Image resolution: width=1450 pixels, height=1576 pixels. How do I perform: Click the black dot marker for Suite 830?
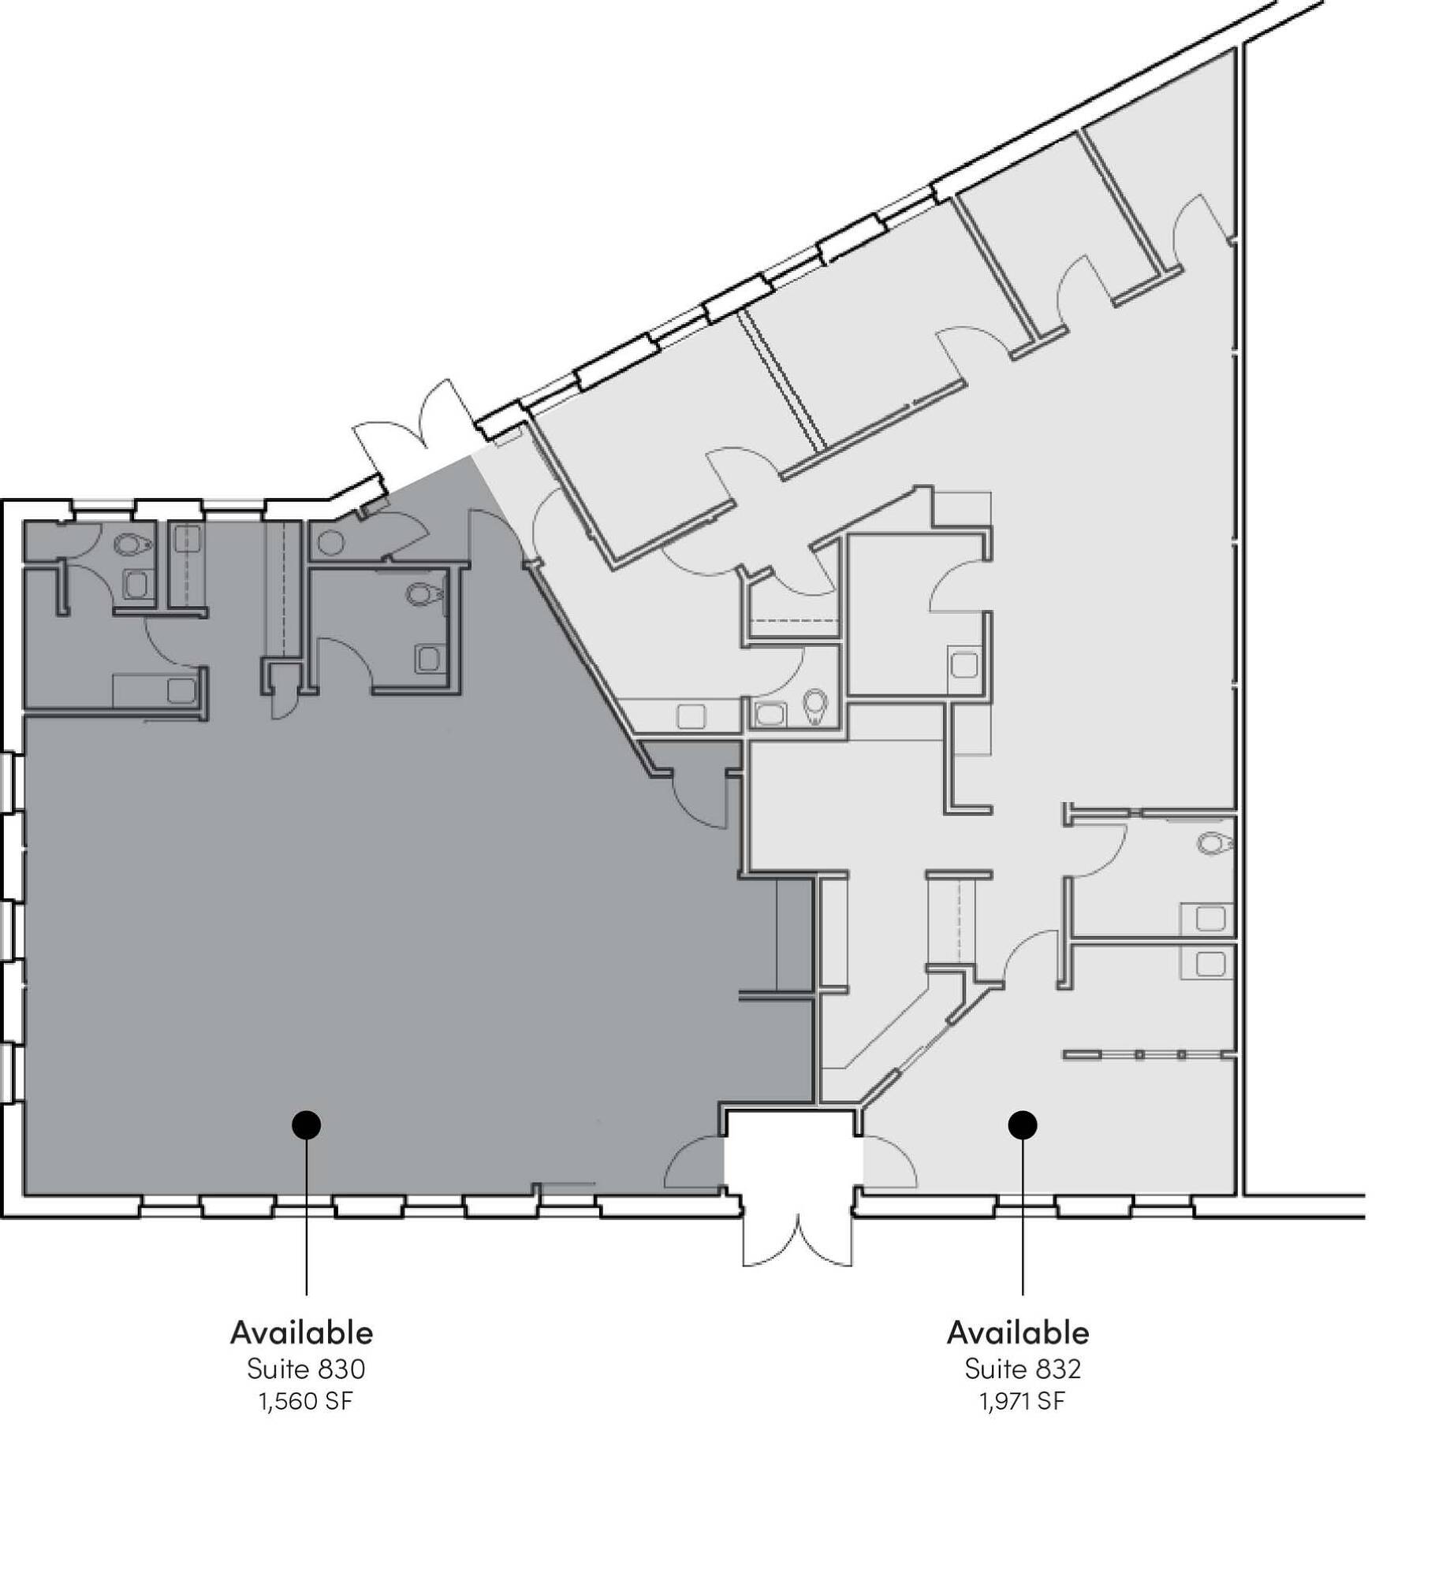pos(306,1125)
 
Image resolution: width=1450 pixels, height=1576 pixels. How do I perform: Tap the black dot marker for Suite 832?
pos(1023,1125)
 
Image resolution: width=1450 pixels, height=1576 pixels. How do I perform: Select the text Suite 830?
pos(306,1370)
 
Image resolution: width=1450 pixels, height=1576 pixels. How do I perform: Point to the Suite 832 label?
pos(1023,1370)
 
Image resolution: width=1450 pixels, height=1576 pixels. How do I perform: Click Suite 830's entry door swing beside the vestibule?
pos(694,1162)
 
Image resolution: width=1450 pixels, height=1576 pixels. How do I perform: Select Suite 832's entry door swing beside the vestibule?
pos(889,1162)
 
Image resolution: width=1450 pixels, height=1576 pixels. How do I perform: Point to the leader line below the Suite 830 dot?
pos(306,1217)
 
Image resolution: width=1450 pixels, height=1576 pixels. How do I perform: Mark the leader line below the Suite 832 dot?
pos(1023,1217)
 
